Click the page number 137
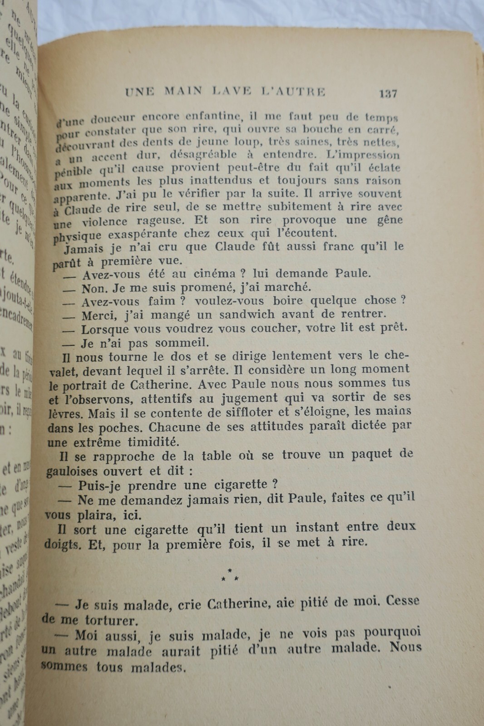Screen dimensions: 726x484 pos(387,93)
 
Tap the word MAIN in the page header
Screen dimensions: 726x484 pos(183,91)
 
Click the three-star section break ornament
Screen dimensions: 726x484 pos(230,574)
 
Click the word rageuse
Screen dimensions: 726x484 pos(157,221)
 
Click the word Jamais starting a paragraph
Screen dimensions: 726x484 pos(85,249)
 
